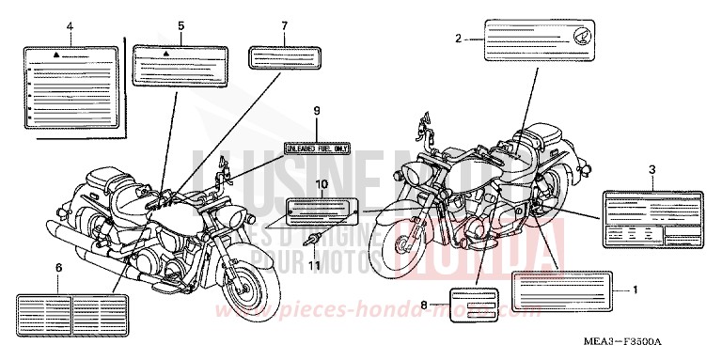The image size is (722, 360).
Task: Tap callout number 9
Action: point(318,111)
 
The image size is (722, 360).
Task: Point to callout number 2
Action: point(457,39)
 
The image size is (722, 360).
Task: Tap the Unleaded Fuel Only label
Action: point(318,148)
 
